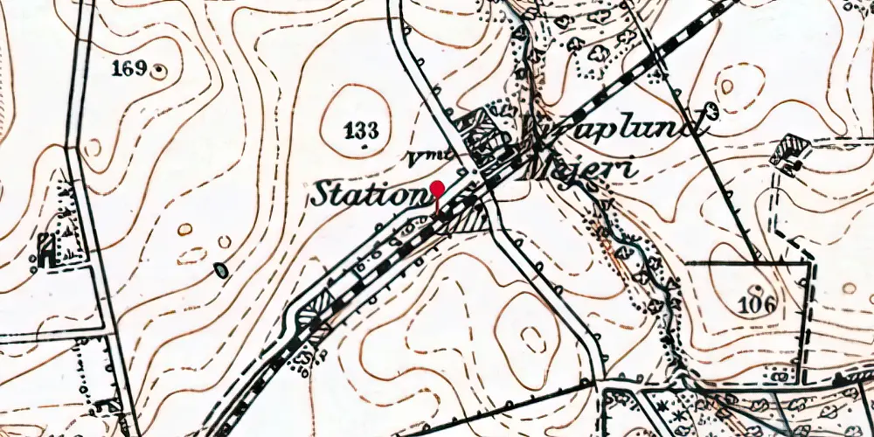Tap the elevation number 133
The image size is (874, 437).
click(x=361, y=131)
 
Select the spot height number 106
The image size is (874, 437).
click(x=757, y=304)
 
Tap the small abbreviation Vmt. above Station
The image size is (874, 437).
click(x=430, y=158)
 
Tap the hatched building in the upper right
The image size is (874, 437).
click(x=792, y=149)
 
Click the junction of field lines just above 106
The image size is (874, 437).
click(x=757, y=262)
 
